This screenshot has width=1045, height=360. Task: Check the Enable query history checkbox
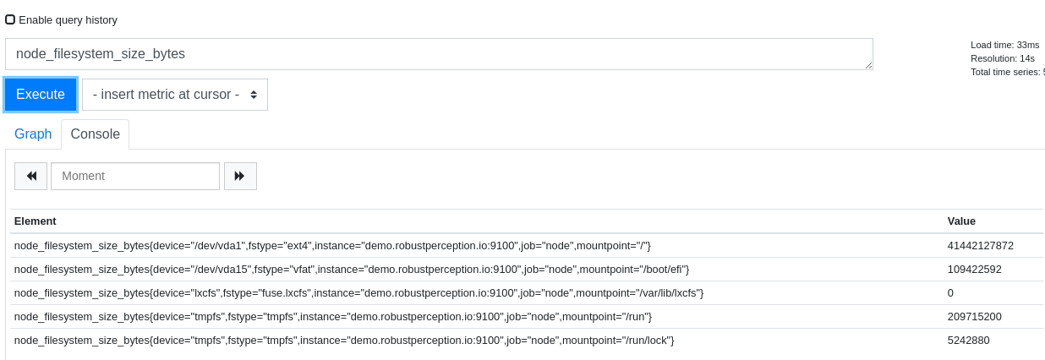point(10,19)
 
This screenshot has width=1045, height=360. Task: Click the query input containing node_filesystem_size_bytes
point(439,54)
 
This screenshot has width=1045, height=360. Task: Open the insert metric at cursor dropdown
point(175,95)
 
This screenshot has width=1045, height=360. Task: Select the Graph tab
point(33,134)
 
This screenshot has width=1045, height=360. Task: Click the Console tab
point(96,134)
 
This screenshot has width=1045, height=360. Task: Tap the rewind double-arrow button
point(30,176)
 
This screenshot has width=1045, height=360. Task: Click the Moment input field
point(135,176)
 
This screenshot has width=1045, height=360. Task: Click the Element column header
point(35,221)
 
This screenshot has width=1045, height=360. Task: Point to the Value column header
point(961,221)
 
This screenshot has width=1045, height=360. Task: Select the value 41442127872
point(981,246)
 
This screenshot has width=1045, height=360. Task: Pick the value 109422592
point(975,270)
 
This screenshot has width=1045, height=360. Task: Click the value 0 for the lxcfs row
point(950,293)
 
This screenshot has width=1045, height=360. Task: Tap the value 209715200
point(975,317)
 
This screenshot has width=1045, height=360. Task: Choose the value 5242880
point(969,341)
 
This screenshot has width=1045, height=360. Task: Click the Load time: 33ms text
point(1005,45)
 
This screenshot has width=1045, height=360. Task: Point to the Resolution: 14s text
point(1003,58)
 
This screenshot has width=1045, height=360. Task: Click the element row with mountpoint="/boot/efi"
point(352,270)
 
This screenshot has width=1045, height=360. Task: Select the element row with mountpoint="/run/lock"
point(344,341)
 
